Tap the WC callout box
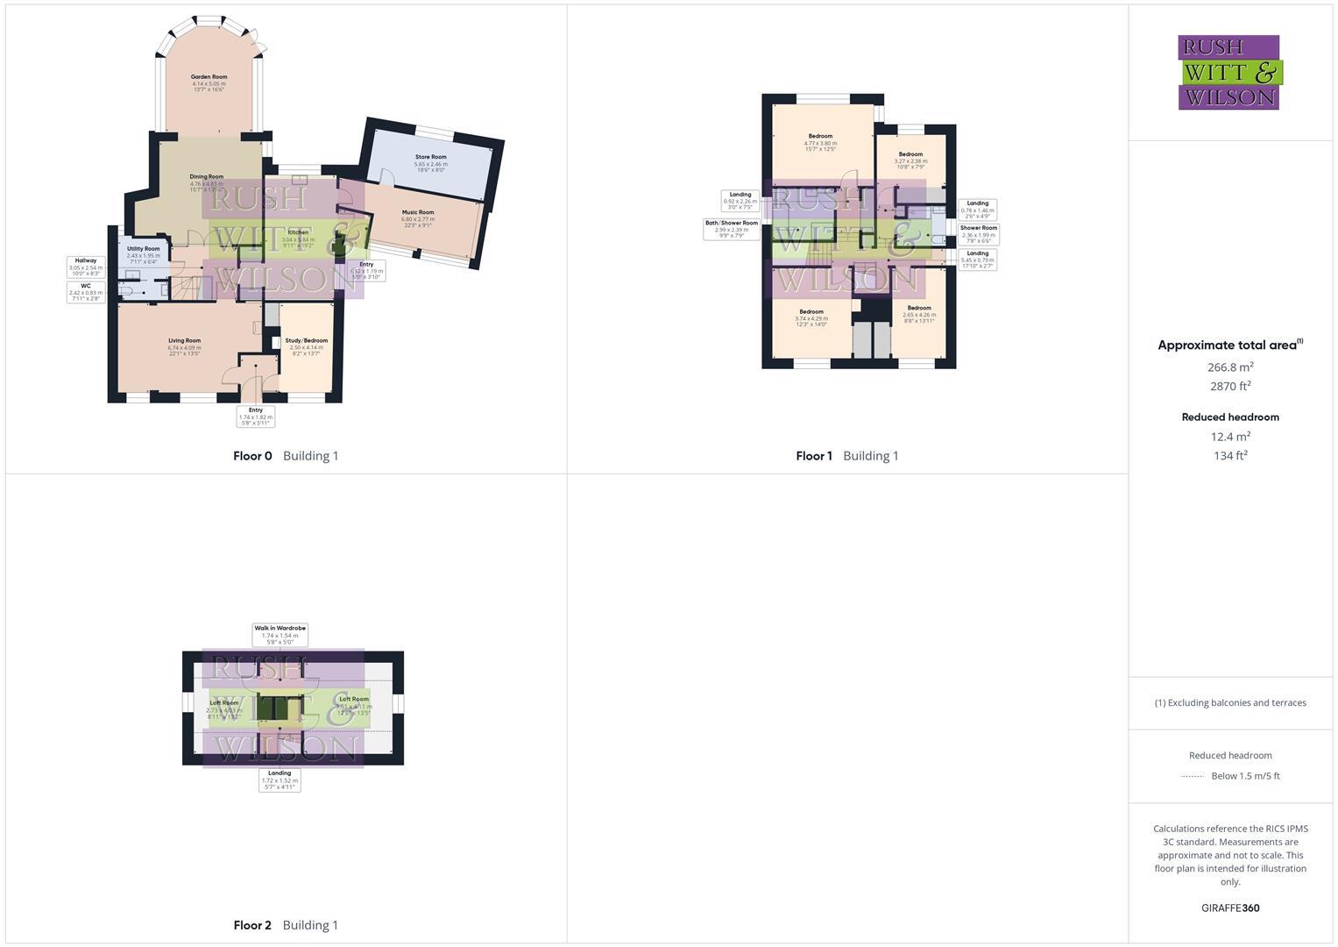86,292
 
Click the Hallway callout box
86,267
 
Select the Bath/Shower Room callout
732,229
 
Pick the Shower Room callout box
978,233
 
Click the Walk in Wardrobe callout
280,635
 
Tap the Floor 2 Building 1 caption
286,925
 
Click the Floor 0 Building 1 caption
286,456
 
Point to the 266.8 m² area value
1230,367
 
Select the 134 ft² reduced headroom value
1230,455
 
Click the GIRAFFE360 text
1230,908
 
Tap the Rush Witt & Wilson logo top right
1229,73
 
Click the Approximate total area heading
1229,345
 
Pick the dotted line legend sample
1192,776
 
